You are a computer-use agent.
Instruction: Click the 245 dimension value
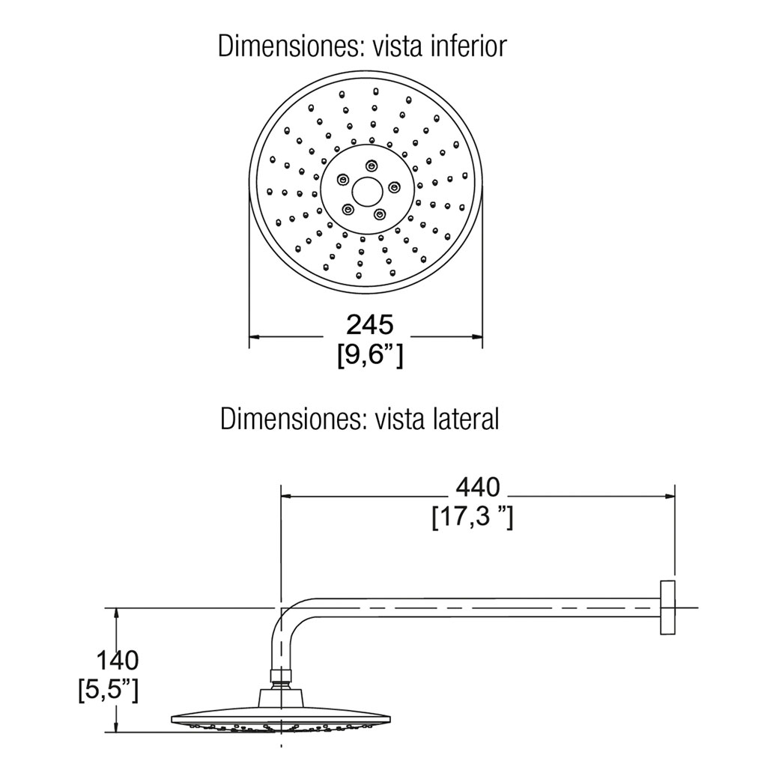tap(369, 324)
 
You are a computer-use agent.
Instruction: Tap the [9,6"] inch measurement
tap(370, 354)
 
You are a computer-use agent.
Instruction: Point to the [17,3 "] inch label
tap(472, 518)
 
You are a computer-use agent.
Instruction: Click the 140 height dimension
tap(116, 661)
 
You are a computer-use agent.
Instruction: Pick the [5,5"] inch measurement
tap(108, 689)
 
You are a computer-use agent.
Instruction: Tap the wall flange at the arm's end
tap(667, 607)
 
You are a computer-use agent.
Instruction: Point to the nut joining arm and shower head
tap(280, 679)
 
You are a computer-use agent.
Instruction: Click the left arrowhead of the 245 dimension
tap(255, 339)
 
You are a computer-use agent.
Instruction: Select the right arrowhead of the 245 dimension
tap(476, 339)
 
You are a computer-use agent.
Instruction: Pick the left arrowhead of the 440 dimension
tap(286, 496)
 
